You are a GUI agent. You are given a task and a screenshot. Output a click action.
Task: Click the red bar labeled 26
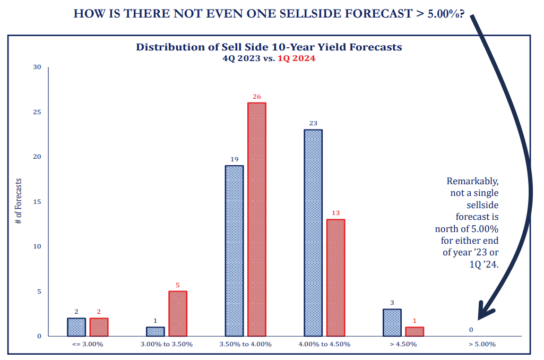coord(256,219)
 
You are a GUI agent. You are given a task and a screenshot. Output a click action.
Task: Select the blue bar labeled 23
coord(313,233)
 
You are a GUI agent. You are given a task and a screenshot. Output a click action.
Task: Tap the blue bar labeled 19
coord(234,251)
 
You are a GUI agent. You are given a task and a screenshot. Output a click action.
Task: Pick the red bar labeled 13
coord(335,278)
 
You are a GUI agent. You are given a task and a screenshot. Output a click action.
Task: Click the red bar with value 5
coord(178,313)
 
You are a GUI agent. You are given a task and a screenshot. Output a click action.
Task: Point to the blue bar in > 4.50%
coord(392,322)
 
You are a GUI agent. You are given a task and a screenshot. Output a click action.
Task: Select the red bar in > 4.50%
coord(415,331)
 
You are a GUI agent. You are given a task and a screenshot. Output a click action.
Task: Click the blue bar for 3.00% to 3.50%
coord(156,331)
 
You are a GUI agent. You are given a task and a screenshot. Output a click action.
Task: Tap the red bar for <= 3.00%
coord(99,327)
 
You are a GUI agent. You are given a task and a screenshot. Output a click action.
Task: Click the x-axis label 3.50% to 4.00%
coord(245,344)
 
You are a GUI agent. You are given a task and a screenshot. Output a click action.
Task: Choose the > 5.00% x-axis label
coord(482,344)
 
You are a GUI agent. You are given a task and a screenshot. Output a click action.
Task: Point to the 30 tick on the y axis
coord(37,67)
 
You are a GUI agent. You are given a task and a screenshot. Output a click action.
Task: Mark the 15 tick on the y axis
coord(37,202)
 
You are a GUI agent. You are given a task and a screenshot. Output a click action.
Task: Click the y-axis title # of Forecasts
coord(19,202)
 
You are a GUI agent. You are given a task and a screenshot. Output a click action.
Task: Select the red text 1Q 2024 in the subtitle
coord(296,58)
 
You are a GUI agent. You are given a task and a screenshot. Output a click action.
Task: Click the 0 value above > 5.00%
coord(471,330)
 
